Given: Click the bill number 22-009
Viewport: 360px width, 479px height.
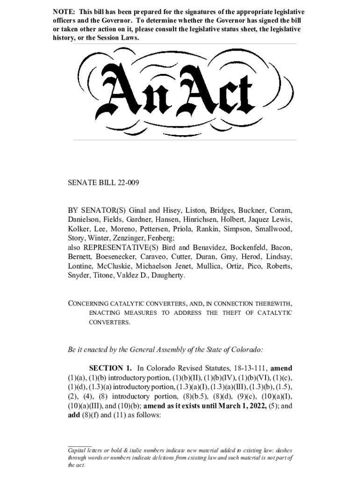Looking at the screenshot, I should [x=127, y=183].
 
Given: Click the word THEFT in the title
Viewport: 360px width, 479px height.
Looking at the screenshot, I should [x=227, y=313].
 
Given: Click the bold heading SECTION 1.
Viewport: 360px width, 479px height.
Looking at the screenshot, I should [x=111, y=368].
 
